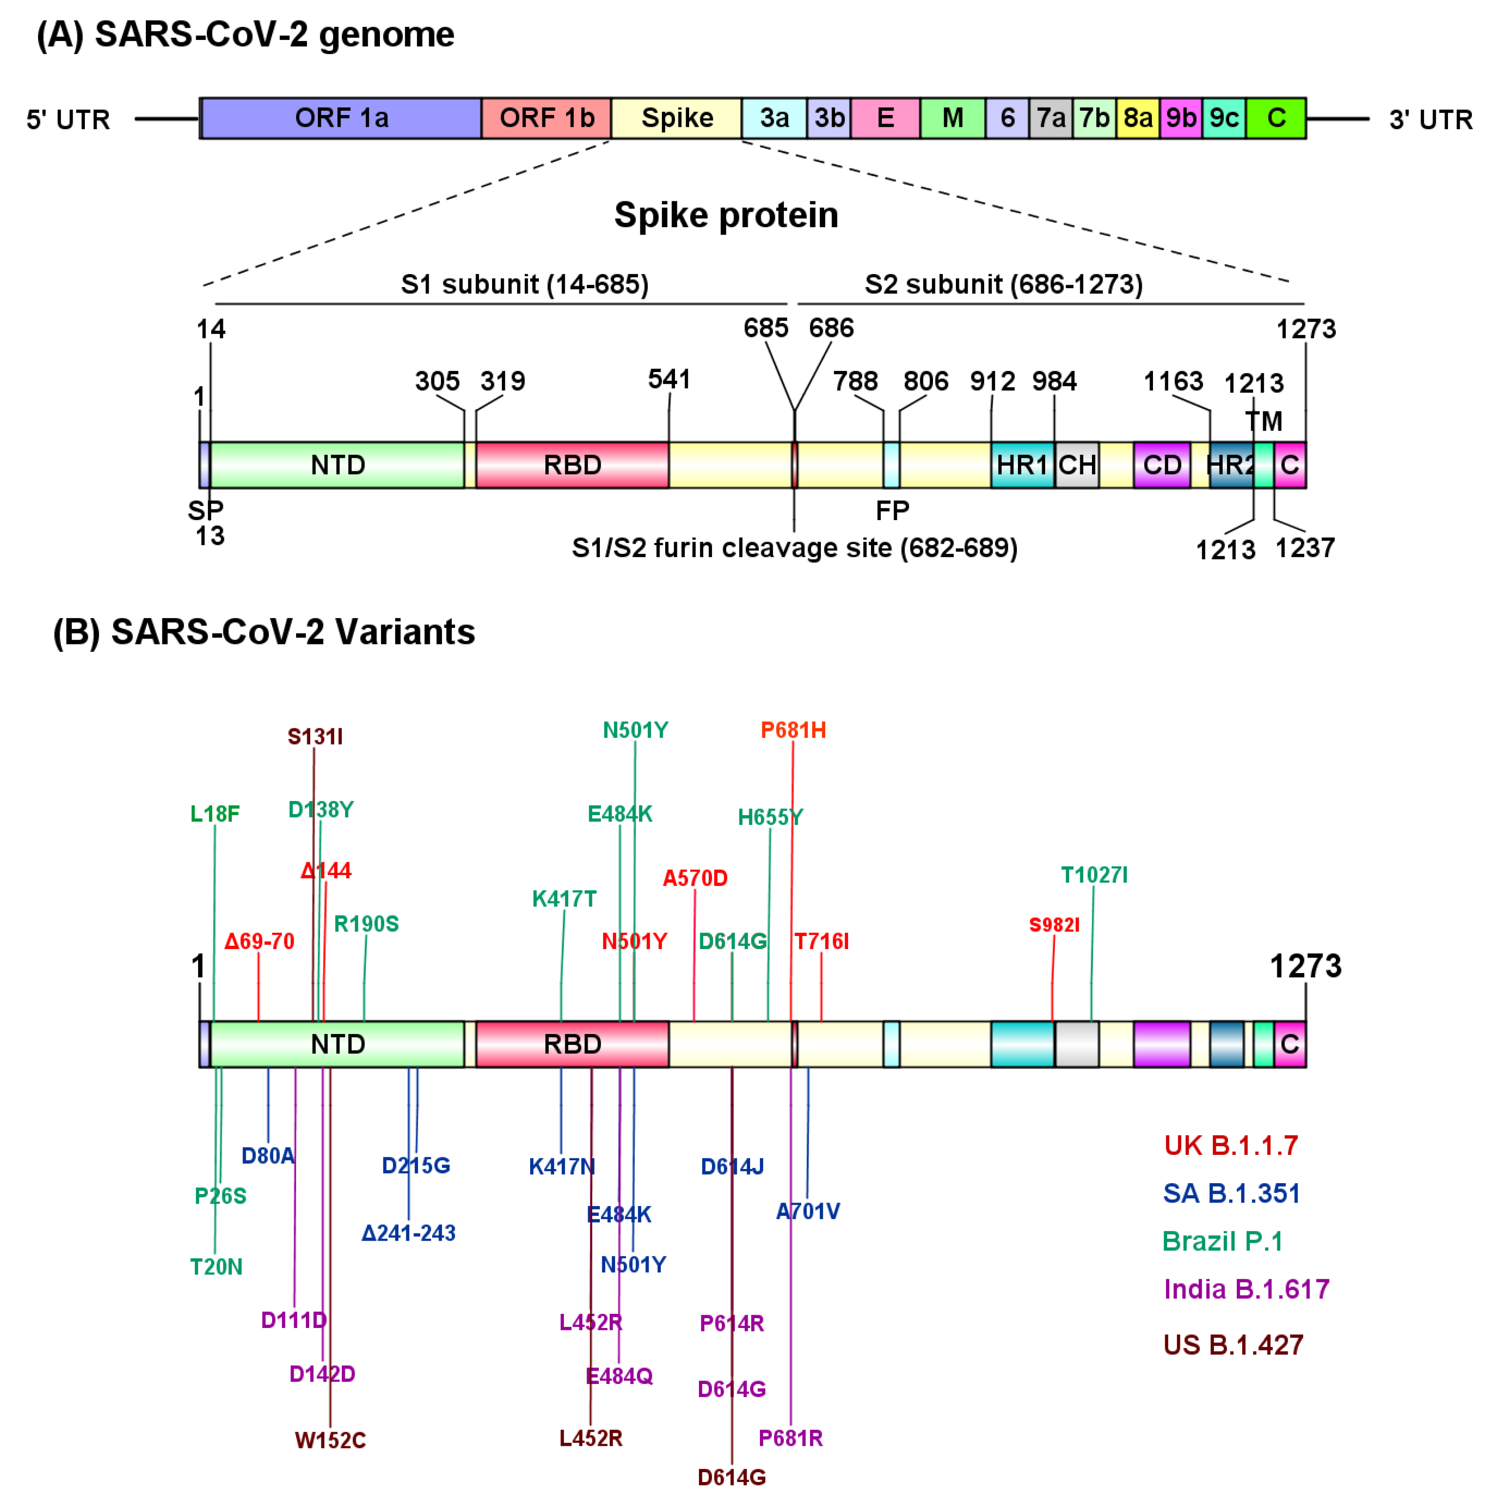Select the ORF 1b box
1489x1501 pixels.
click(546, 118)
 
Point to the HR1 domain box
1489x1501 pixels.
click(1021, 465)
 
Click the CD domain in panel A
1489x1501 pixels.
click(1161, 465)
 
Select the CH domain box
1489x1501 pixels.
click(1076, 465)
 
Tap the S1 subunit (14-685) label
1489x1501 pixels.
click(525, 284)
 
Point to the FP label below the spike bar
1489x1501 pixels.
click(892, 510)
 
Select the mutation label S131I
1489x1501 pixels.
click(315, 737)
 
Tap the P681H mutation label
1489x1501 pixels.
click(793, 730)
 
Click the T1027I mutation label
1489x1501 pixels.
click(1093, 876)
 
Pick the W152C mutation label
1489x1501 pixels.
click(330, 1441)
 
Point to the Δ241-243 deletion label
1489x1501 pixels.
click(408, 1233)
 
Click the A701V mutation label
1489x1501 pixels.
click(808, 1211)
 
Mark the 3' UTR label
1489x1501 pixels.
click(1430, 119)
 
